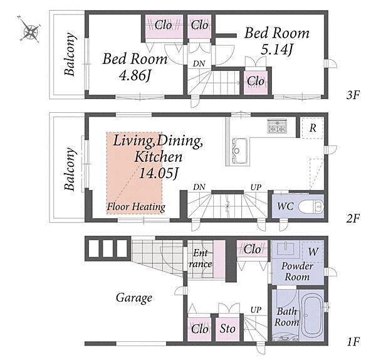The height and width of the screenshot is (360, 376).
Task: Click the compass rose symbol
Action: click(x=30, y=30)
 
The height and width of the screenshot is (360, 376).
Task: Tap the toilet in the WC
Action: click(x=311, y=206)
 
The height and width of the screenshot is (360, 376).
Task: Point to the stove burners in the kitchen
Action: click(x=278, y=126)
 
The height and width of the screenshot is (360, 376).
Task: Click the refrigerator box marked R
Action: click(x=313, y=128)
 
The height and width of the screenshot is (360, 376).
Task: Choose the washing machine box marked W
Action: click(x=313, y=252)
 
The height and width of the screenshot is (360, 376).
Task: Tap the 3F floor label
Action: click(x=353, y=95)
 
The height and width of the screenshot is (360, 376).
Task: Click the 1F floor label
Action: click(x=353, y=342)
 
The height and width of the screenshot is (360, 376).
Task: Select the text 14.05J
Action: click(x=159, y=173)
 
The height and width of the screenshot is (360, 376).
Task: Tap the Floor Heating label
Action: click(x=136, y=207)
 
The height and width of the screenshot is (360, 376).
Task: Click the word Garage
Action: click(x=134, y=298)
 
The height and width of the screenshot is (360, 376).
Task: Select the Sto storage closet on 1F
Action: click(x=227, y=329)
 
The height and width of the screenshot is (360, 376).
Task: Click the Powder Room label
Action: click(x=297, y=272)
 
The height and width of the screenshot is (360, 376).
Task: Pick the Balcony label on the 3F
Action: click(x=70, y=54)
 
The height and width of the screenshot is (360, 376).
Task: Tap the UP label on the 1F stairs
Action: click(x=256, y=310)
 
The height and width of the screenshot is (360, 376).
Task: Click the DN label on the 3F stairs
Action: click(x=199, y=63)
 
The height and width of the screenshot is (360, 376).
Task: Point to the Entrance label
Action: click(x=200, y=258)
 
